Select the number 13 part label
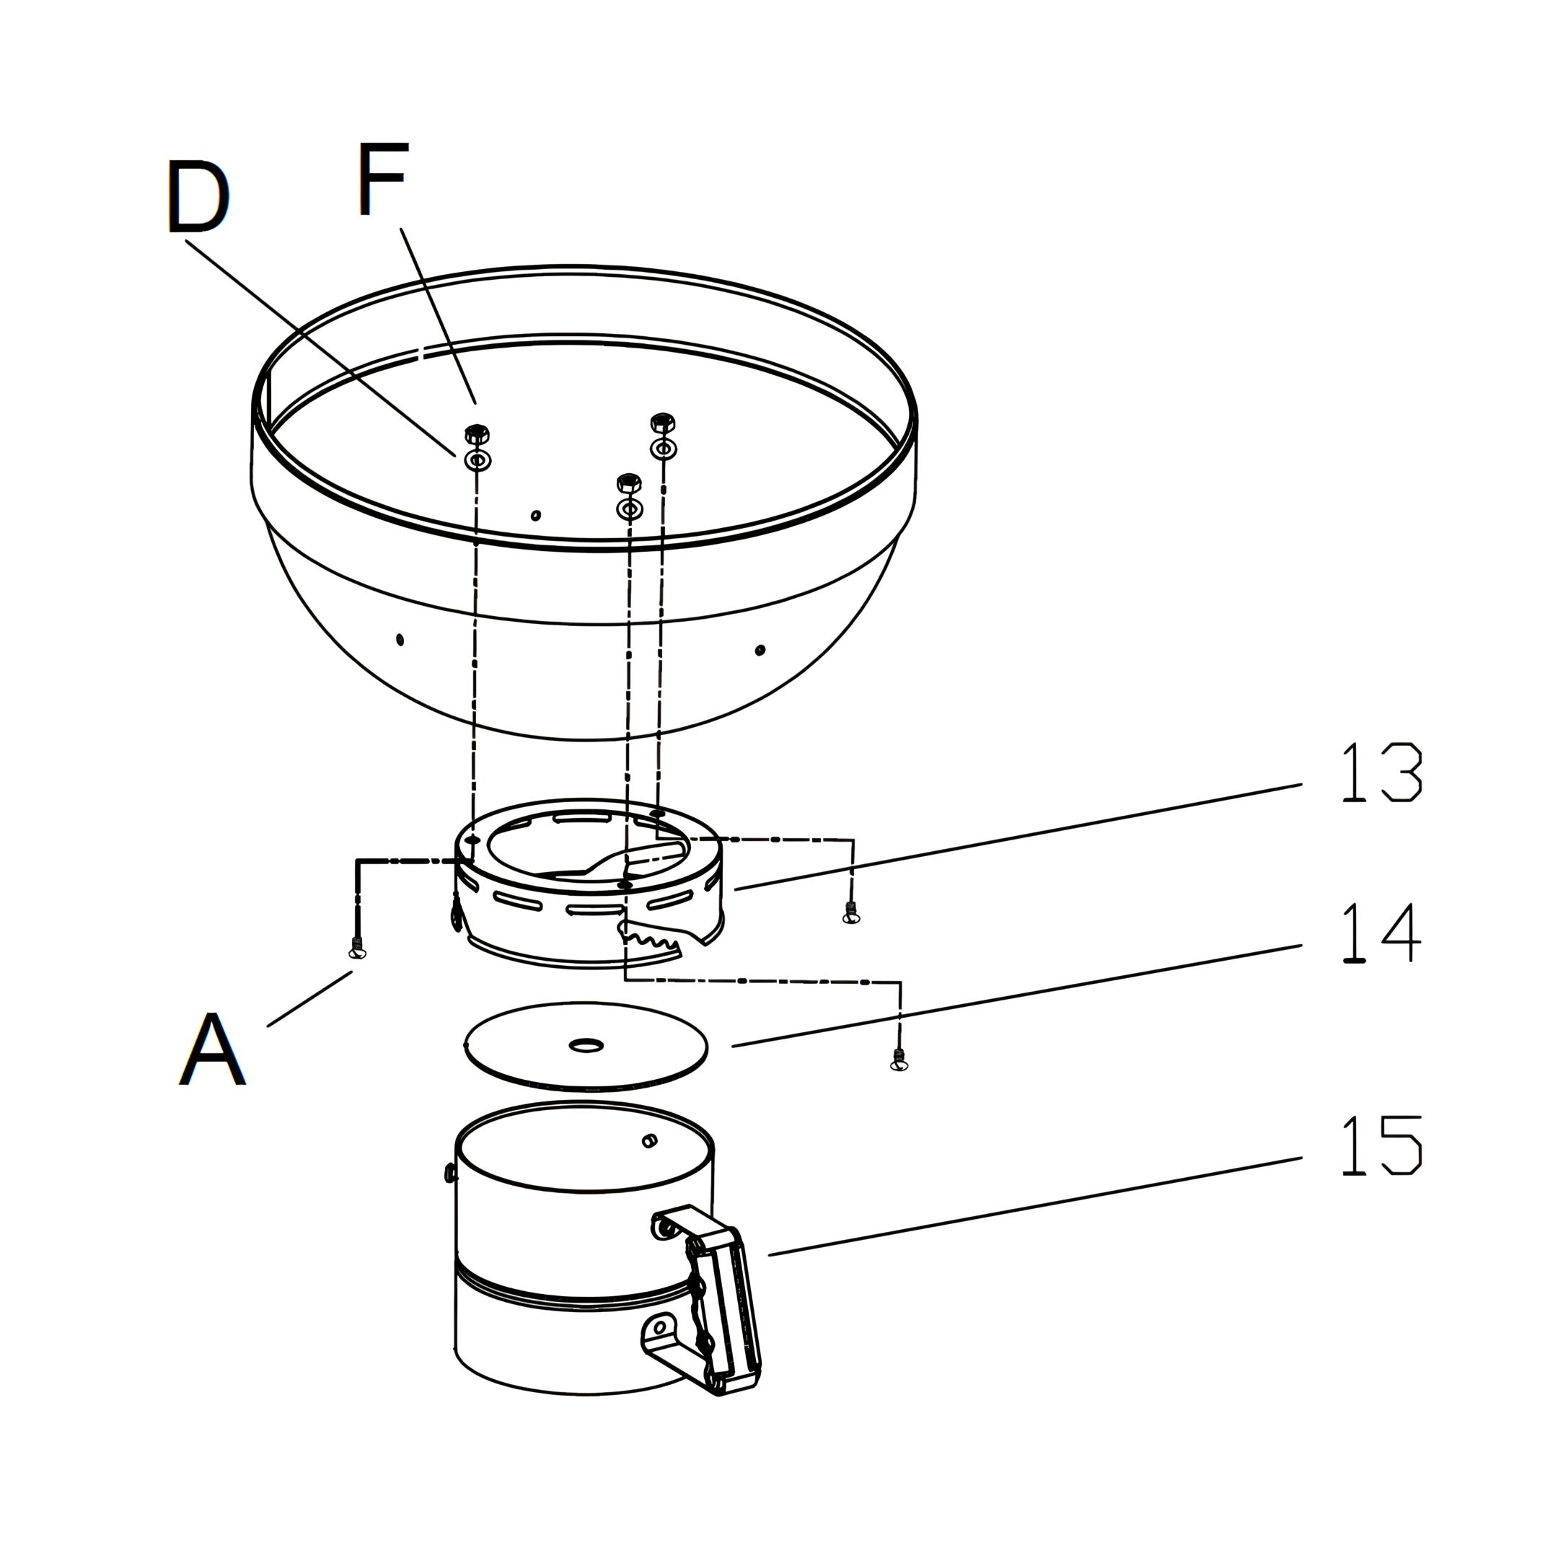[x=1381, y=773]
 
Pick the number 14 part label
[x=1381, y=933]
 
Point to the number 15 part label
[x=1381, y=1146]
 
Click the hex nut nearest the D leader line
[x=477, y=433]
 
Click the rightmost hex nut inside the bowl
[x=662, y=422]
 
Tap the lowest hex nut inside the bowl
[x=628, y=484]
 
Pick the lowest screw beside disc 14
[x=899, y=1061]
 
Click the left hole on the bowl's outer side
[x=400, y=640]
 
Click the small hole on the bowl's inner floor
[x=536, y=515]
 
